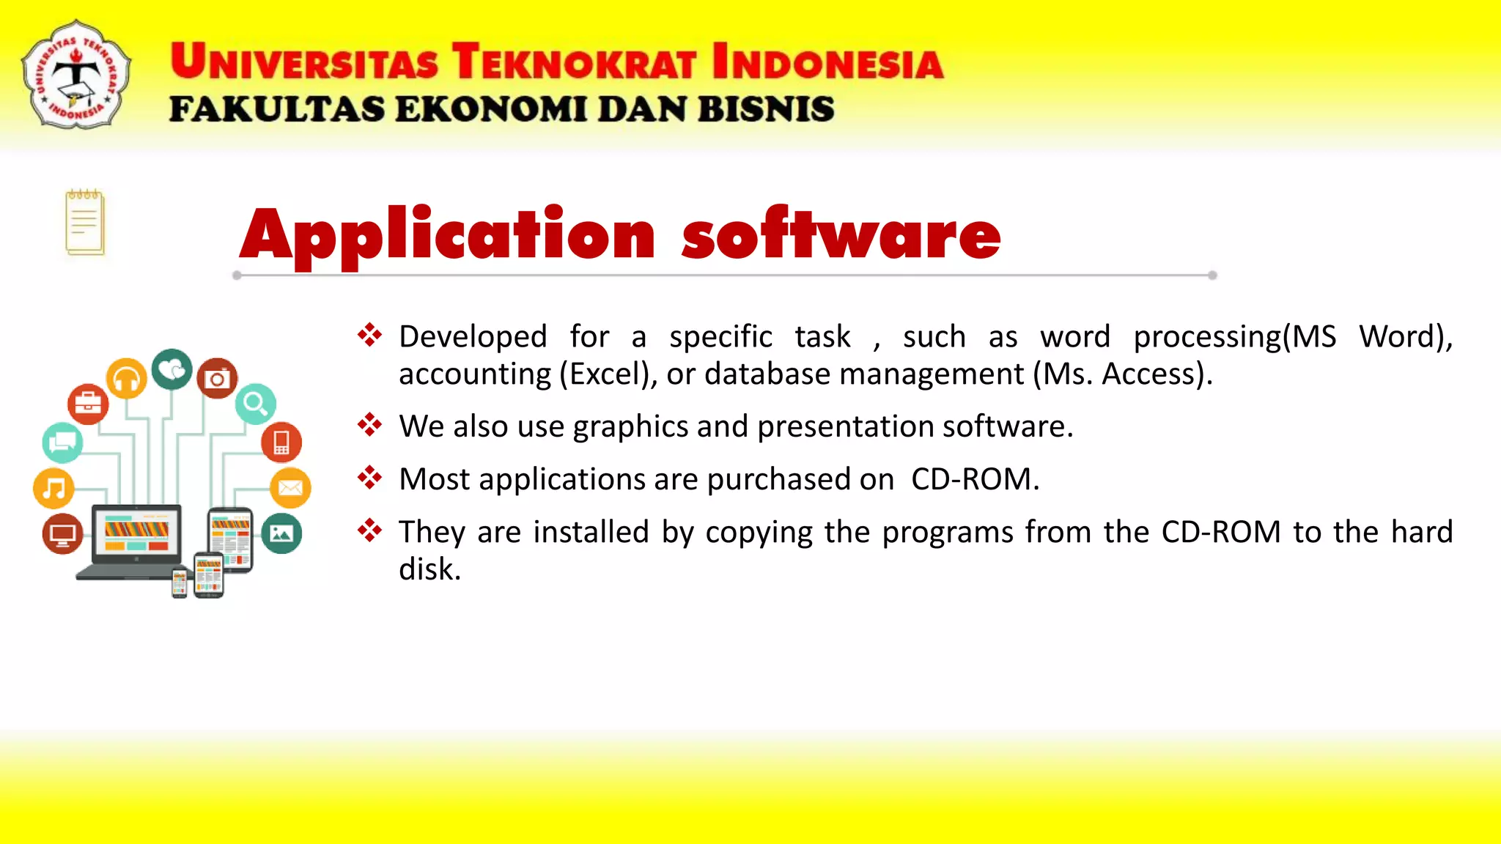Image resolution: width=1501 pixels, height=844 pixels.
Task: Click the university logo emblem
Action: [x=76, y=75]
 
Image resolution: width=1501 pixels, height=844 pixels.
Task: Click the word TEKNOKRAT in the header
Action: [x=574, y=62]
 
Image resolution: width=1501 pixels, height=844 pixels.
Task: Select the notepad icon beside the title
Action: [x=85, y=222]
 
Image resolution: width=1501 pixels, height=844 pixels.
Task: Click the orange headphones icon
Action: [x=127, y=379]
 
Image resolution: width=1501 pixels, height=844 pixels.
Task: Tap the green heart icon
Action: [x=172, y=369]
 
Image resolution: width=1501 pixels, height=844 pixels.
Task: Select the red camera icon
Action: [x=217, y=378]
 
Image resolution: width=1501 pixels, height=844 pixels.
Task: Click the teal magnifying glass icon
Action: [x=256, y=404]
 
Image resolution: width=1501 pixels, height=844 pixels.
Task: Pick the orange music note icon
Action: [x=54, y=488]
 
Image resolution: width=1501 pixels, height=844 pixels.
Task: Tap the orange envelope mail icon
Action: [x=290, y=487]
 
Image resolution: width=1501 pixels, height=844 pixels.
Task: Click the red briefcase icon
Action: [x=88, y=404]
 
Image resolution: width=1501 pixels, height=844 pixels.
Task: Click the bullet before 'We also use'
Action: [x=370, y=425]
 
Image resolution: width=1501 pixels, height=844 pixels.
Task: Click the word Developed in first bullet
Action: [x=473, y=337]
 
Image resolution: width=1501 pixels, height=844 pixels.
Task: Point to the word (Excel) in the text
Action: [x=608, y=374]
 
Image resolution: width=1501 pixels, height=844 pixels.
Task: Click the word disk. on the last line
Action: [x=429, y=569]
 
